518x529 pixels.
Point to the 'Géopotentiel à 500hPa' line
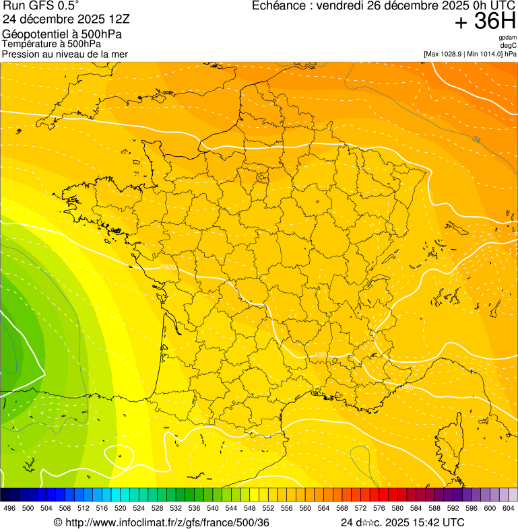52,34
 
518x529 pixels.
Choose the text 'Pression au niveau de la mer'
65,54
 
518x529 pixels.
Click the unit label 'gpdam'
507,38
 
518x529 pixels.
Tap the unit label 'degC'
509,45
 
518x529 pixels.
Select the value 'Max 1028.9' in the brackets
445,53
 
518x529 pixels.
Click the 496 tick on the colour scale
9,508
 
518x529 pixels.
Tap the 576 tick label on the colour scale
379,508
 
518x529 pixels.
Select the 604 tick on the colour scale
508,508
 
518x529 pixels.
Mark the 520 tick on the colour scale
120,508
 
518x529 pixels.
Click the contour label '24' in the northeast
477,140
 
